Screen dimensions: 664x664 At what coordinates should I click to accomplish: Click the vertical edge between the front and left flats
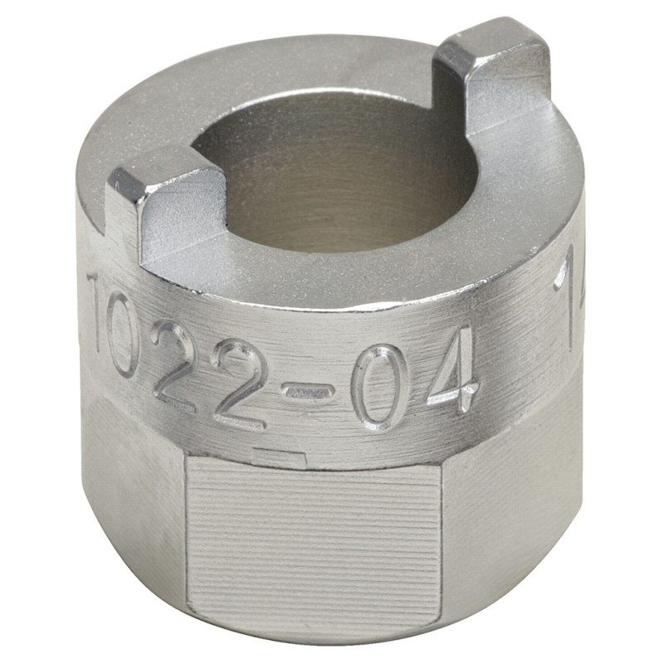pos(184,531)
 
